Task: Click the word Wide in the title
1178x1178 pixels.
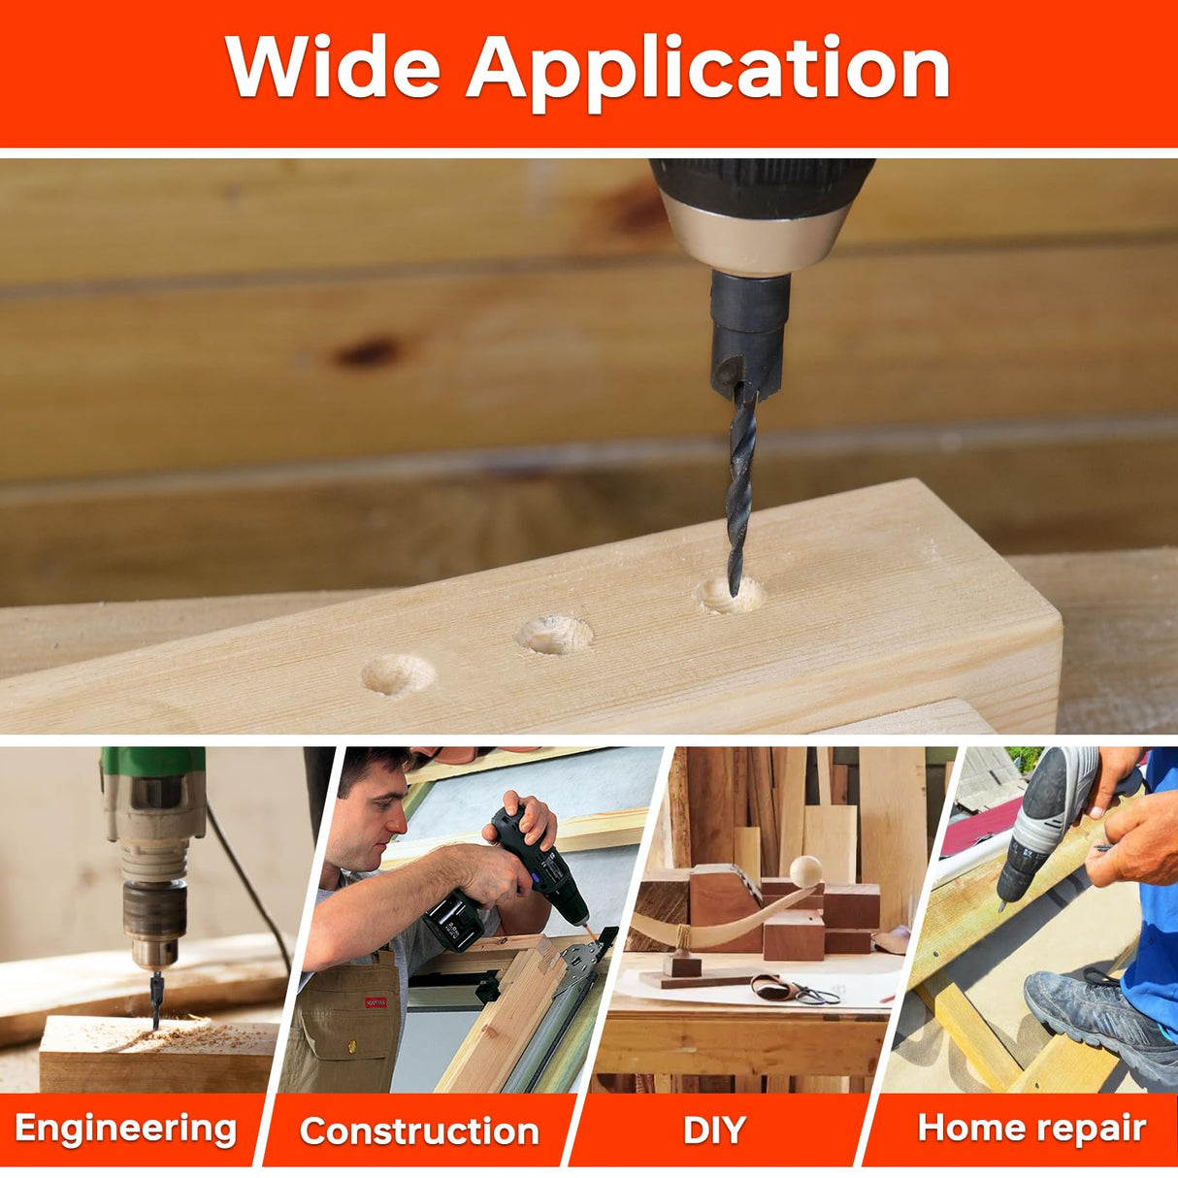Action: [x=333, y=66]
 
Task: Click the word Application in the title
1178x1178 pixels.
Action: [x=708, y=74]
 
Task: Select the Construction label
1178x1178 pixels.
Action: [x=419, y=1113]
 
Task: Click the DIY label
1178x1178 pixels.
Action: [x=714, y=1113]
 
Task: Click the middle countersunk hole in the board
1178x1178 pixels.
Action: [x=554, y=635]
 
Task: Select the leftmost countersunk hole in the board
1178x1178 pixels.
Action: [x=398, y=675]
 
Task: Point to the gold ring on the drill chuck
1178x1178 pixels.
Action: [x=757, y=236]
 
